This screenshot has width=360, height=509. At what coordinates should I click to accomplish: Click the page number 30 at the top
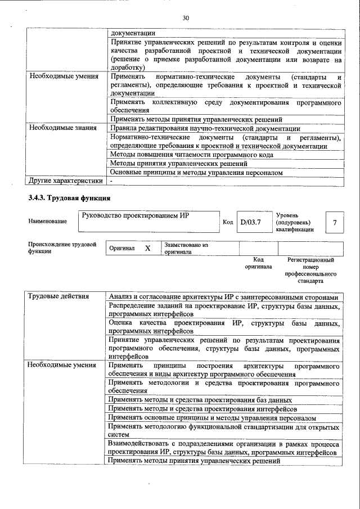pos(186,19)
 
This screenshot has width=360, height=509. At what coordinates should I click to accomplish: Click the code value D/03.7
pos(250,222)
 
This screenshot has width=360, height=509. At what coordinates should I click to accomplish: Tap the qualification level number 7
pos(335,223)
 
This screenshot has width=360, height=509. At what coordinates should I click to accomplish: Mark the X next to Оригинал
pos(147,248)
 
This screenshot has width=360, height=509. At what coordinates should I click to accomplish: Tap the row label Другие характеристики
pos(66,181)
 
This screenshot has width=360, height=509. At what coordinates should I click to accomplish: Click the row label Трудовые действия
pos(59,296)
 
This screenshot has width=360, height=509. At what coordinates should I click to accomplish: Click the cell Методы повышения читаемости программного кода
pos(192,154)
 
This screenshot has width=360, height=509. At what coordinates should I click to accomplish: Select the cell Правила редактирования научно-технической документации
pos(205,128)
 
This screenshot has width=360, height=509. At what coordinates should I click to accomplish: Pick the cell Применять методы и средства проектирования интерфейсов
pos(203,409)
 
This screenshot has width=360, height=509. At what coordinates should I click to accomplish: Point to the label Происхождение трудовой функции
pos(62,248)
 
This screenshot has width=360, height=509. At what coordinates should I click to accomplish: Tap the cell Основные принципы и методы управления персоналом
pos(195,172)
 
